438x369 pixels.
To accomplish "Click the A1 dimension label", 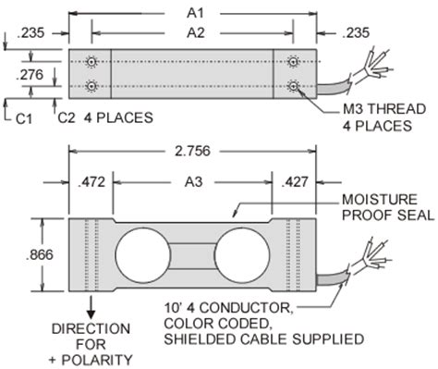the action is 195,13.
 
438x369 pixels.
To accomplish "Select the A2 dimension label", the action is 196,32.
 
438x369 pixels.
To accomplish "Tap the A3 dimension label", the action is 193,182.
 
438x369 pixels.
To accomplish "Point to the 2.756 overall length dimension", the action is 192,151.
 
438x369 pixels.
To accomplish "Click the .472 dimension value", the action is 91,182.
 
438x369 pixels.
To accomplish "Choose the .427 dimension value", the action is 295,182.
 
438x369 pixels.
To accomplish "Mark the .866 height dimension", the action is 40,255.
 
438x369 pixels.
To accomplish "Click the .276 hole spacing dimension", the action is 30,75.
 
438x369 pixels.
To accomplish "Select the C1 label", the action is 24,118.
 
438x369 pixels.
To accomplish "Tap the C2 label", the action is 67,117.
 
